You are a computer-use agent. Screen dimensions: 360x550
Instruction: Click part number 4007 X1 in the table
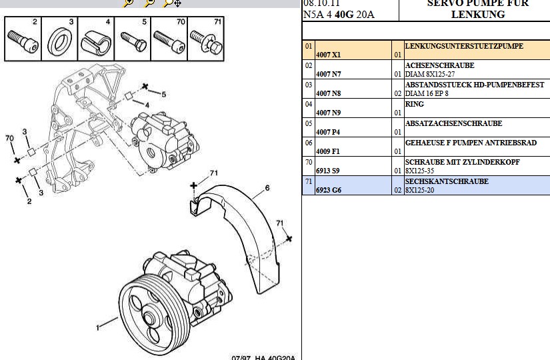[x=328, y=55]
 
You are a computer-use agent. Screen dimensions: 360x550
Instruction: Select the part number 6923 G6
[x=328, y=191]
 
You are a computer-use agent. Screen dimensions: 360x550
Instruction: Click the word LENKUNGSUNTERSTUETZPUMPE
[x=464, y=47]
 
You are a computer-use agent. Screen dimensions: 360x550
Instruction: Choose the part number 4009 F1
[x=327, y=151]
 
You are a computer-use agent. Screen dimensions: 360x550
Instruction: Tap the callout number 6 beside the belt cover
[x=267, y=188]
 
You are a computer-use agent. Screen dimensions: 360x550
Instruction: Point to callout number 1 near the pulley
[x=97, y=327]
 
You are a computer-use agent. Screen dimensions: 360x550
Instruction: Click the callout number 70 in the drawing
[x=9, y=138]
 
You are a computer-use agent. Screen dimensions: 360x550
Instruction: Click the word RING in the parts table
[x=414, y=105]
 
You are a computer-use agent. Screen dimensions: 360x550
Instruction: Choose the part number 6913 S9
[x=327, y=171]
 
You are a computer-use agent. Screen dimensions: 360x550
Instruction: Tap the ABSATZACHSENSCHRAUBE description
[x=453, y=123]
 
